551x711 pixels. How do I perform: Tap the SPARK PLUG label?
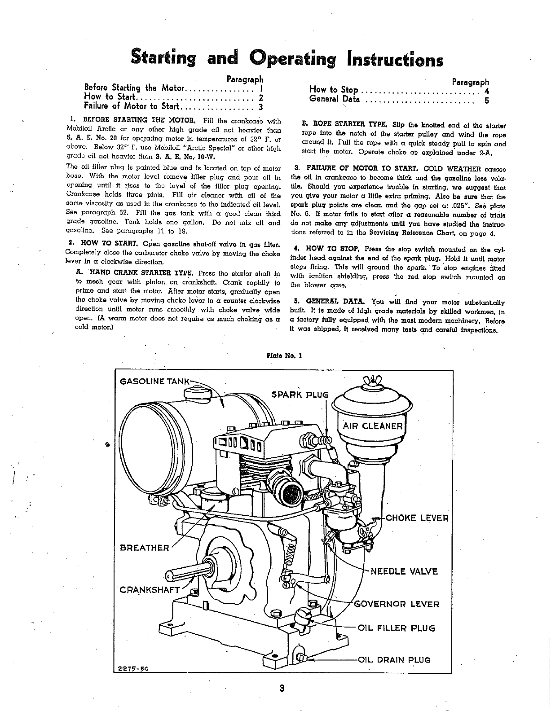(x=300, y=395)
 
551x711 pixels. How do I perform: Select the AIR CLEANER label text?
(x=373, y=426)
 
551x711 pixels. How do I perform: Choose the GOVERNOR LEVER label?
(x=397, y=604)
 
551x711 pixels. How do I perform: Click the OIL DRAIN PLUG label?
(x=393, y=660)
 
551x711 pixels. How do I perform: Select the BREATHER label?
(x=145, y=548)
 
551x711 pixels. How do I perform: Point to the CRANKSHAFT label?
(x=150, y=590)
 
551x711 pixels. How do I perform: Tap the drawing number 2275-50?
(x=133, y=668)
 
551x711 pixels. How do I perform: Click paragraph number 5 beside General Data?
(x=486, y=101)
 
